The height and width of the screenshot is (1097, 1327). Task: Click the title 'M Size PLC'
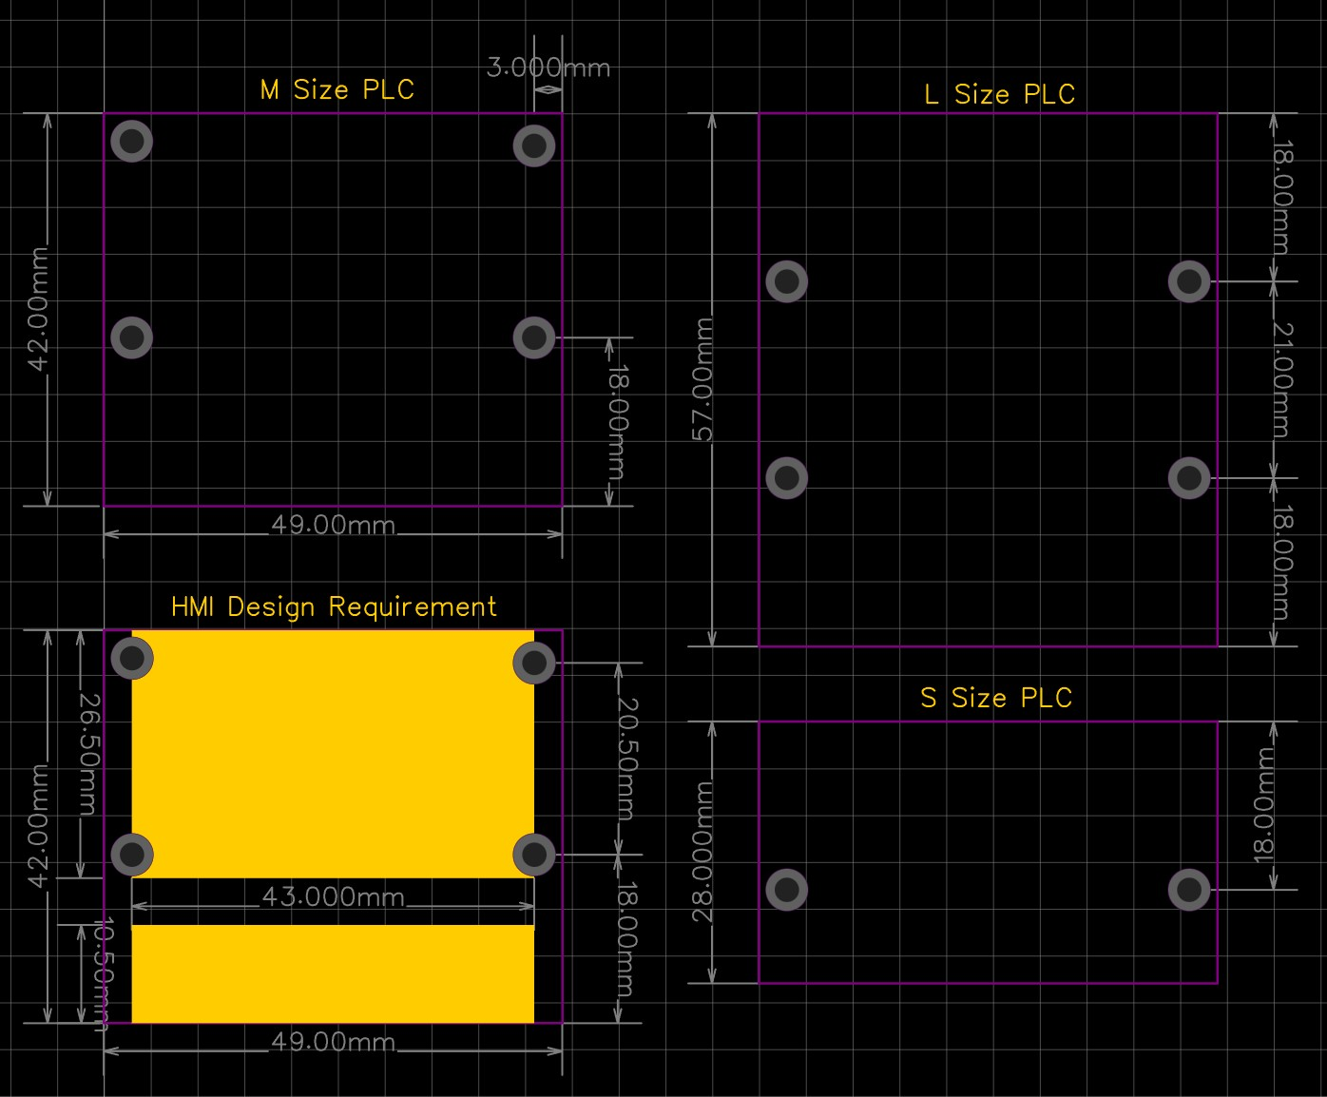click(337, 89)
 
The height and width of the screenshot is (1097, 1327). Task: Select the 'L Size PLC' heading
click(1000, 94)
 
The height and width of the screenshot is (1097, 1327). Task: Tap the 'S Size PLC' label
click(996, 698)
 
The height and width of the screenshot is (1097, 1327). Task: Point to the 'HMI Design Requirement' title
click(334, 607)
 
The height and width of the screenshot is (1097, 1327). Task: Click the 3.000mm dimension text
click(548, 67)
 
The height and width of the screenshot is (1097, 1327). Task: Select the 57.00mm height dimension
click(702, 379)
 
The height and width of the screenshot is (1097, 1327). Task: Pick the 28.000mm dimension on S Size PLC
click(702, 852)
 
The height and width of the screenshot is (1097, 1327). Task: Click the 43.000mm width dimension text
click(333, 896)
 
